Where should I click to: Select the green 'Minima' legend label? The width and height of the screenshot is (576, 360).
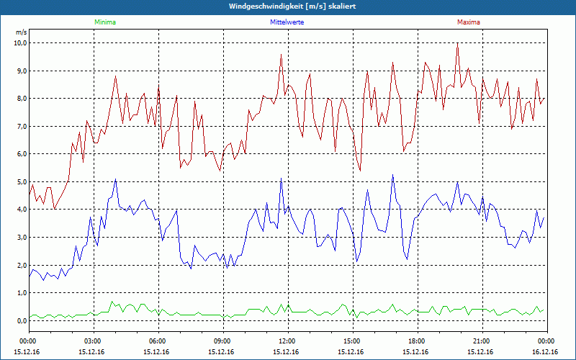point(104,22)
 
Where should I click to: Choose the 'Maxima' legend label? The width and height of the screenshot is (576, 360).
point(468,22)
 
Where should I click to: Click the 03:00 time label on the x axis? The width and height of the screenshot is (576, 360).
point(93,341)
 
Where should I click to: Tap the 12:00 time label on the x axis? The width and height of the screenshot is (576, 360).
point(287,341)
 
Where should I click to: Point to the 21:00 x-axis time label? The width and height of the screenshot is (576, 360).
point(481,341)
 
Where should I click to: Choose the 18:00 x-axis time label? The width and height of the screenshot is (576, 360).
point(416,341)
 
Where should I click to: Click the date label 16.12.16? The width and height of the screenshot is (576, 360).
point(545,351)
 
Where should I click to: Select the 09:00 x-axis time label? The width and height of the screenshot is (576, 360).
point(222,341)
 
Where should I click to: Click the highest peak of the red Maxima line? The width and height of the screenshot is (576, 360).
point(457,45)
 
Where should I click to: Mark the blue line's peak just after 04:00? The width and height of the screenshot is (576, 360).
point(115,179)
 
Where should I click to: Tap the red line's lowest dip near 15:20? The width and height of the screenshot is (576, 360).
point(360,170)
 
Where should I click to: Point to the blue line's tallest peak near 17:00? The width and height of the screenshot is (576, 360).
point(392,175)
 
